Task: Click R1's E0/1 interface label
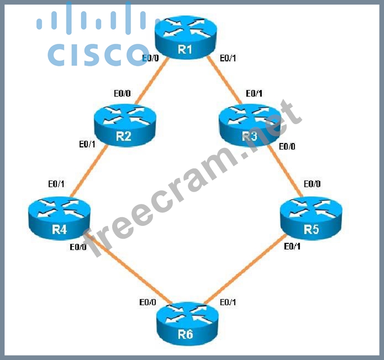(x=228, y=58)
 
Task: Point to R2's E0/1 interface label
(x=87, y=145)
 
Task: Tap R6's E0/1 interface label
(x=228, y=302)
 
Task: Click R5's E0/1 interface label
(x=292, y=247)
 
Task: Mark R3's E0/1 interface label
(x=254, y=94)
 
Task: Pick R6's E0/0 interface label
(x=148, y=302)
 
